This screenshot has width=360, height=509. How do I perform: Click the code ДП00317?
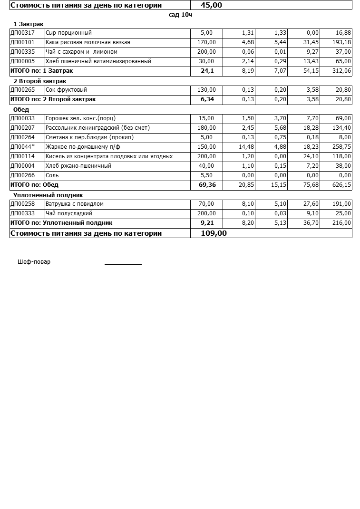pos(22,33)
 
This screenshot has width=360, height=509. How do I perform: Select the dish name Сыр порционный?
pos(68,33)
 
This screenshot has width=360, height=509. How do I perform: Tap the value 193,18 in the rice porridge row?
pos(341,42)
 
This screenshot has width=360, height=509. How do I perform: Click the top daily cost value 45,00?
pos(211,5)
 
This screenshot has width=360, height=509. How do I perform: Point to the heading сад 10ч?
pos(180,15)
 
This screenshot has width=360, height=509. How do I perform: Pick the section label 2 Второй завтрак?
pos(39,81)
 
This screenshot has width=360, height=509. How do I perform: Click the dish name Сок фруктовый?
pos(66,90)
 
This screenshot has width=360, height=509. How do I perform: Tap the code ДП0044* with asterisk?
pos(22,147)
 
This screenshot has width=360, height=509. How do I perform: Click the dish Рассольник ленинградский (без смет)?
pos(97,128)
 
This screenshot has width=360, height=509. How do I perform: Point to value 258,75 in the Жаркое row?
pos(341,147)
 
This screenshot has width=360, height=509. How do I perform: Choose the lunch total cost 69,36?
pos(207,185)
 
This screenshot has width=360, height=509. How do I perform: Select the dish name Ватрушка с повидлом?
pos(74,204)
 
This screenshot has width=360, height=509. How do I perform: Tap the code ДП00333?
pos(22,213)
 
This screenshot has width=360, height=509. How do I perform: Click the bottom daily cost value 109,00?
pos(214,233)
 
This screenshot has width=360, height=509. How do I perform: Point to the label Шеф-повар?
pos(34,262)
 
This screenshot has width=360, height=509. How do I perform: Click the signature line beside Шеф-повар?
pos(123,263)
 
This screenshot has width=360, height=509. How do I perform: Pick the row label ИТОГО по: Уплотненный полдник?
pos(61,223)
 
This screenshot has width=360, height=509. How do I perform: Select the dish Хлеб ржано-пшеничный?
pos(78,166)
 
